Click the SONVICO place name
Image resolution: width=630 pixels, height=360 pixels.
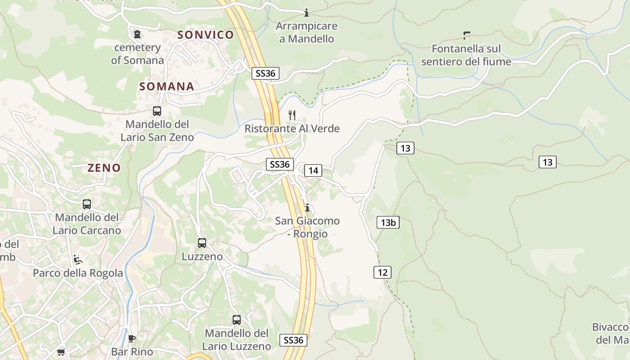point(206,35)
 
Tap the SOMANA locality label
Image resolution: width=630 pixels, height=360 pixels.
point(166,86)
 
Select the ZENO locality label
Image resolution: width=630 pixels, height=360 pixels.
point(104,168)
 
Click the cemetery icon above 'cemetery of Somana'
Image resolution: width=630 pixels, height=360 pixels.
point(137,34)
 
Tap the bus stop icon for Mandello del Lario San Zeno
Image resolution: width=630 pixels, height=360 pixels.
point(157,111)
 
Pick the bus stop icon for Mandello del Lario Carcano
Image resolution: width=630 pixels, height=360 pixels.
point(87,204)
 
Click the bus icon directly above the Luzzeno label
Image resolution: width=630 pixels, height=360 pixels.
point(202,243)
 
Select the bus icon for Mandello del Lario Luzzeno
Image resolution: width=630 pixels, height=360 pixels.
point(237,320)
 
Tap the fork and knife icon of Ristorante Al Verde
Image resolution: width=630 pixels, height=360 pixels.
point(292,115)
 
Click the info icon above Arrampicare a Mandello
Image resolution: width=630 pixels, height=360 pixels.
point(306,13)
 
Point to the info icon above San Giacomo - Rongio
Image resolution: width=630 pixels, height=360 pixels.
point(307,207)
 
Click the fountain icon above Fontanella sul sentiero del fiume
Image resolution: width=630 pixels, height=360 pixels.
point(466,35)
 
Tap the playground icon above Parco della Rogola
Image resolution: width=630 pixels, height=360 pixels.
point(78,260)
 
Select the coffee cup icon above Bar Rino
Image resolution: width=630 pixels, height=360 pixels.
point(132,338)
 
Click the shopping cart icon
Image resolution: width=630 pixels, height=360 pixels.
point(61,352)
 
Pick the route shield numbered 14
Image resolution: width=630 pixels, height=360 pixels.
point(313,171)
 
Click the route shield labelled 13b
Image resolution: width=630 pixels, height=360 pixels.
point(388,222)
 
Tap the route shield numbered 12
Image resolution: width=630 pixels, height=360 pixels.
point(382,272)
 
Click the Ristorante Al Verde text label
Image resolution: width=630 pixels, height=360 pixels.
point(292,129)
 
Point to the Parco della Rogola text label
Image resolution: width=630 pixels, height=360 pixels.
point(78,273)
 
